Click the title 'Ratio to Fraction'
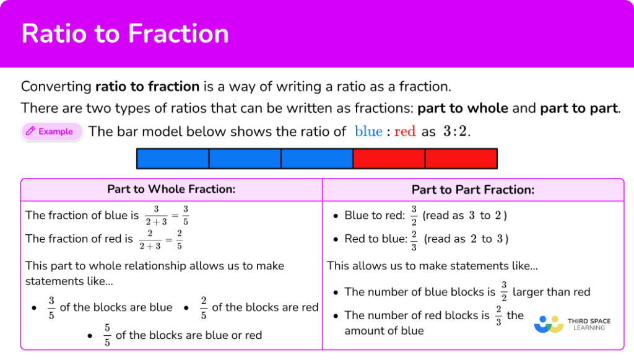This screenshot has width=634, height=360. tap(124, 33)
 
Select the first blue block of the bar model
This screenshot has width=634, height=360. tap(173, 159)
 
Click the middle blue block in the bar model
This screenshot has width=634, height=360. tap(245, 159)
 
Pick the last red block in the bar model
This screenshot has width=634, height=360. tap(461, 159)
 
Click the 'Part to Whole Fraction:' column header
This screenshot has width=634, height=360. tap(172, 190)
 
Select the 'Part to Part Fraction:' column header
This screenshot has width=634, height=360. tap(473, 190)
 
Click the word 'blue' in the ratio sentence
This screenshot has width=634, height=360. tap(368, 131)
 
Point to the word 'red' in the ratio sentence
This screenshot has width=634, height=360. tap(404, 131)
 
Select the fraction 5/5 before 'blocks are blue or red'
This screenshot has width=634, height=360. tap(106, 335)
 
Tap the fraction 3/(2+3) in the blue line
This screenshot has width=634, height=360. tap(156, 216)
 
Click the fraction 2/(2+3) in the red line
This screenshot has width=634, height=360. tap(150, 239)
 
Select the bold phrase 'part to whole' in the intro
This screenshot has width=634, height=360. tap(462, 108)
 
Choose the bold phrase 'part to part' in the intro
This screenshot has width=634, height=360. tap(578, 108)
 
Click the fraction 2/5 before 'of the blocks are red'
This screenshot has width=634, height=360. tap(203, 307)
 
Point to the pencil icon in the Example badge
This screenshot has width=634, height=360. tap(30, 131)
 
